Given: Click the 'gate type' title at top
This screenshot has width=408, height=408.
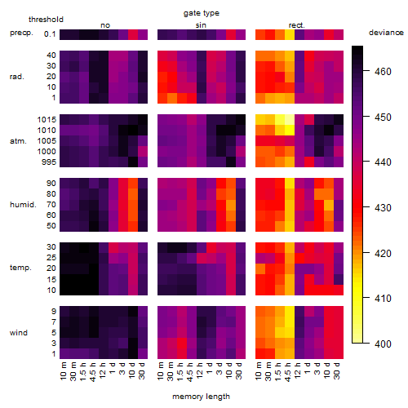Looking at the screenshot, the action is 202,13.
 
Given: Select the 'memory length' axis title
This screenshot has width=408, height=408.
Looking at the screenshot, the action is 201,397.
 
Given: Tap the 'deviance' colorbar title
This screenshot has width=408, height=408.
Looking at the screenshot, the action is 386,33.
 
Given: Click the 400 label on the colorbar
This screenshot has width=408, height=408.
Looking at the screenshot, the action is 383,344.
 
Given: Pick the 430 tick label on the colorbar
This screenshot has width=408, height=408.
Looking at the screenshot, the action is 383,208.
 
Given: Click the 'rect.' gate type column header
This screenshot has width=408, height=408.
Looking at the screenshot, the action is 297,25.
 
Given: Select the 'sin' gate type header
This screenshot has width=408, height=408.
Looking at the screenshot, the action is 201,25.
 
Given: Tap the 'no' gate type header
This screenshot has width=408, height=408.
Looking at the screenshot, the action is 105,25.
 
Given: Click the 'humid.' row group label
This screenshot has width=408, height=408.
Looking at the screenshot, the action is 23,204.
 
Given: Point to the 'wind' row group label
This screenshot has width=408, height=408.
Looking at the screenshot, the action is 19,333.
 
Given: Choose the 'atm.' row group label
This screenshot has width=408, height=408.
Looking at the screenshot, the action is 18,141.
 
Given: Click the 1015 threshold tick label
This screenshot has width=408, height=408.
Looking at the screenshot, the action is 47,120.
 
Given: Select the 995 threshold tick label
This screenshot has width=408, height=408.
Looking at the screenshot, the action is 49,162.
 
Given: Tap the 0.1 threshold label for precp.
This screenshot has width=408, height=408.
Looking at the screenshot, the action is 50,34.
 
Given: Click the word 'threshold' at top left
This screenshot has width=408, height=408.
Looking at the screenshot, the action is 46,20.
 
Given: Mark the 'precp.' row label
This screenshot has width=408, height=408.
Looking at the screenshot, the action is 21,33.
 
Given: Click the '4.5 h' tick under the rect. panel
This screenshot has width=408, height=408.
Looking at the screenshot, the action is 288,371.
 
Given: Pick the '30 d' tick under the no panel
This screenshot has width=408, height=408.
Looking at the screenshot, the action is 141,370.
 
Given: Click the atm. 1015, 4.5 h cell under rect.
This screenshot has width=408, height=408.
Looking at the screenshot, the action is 290,120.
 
